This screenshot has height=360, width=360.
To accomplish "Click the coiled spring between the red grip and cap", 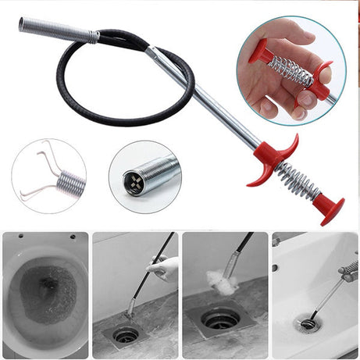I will pyautogui.click(x=300, y=183).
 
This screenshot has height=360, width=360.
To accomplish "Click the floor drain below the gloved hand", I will pyautogui.click(x=126, y=333).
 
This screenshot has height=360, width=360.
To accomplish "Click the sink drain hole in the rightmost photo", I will pyautogui.click(x=309, y=322).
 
